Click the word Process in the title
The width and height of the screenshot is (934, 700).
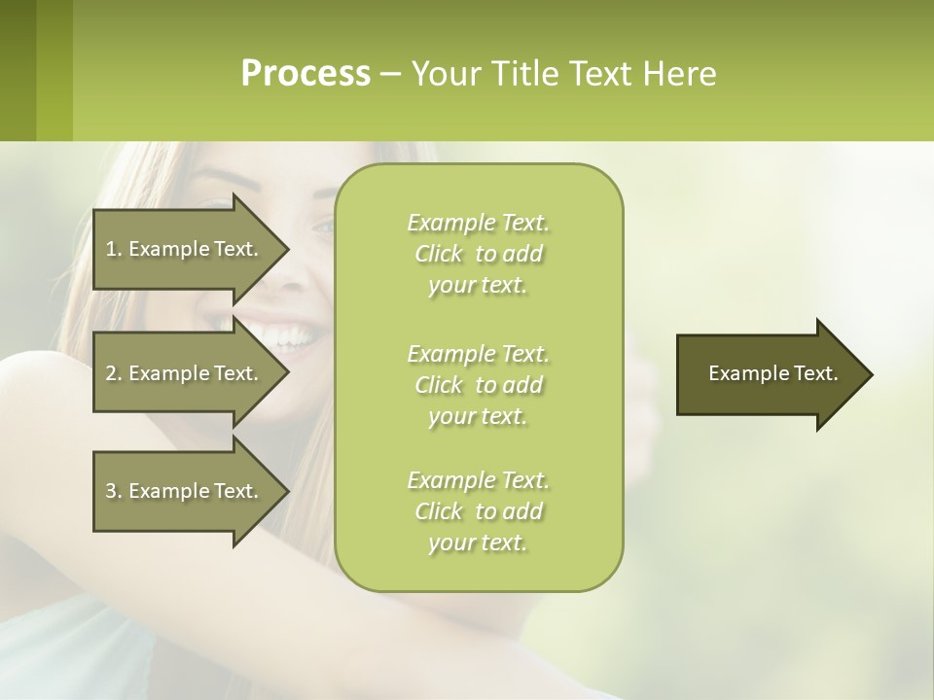pos(305,74)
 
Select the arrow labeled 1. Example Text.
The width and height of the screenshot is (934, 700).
pos(185,249)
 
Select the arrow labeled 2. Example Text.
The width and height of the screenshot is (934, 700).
pos(185,373)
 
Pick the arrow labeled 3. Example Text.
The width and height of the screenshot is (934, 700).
pos(185,491)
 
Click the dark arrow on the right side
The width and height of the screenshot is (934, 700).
pos(769,374)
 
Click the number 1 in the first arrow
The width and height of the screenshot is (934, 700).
pos(111,249)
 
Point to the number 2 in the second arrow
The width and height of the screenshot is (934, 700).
pos(111,373)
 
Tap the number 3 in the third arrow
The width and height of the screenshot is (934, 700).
pos(111,491)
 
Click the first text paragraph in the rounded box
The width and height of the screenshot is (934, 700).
pos(478,254)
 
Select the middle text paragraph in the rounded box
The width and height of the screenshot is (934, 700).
pos(478,385)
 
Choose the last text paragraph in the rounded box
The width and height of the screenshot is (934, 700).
pos(478,511)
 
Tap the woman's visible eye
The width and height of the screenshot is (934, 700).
pos(322,227)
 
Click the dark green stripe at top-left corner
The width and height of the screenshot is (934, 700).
pos(18,70)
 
